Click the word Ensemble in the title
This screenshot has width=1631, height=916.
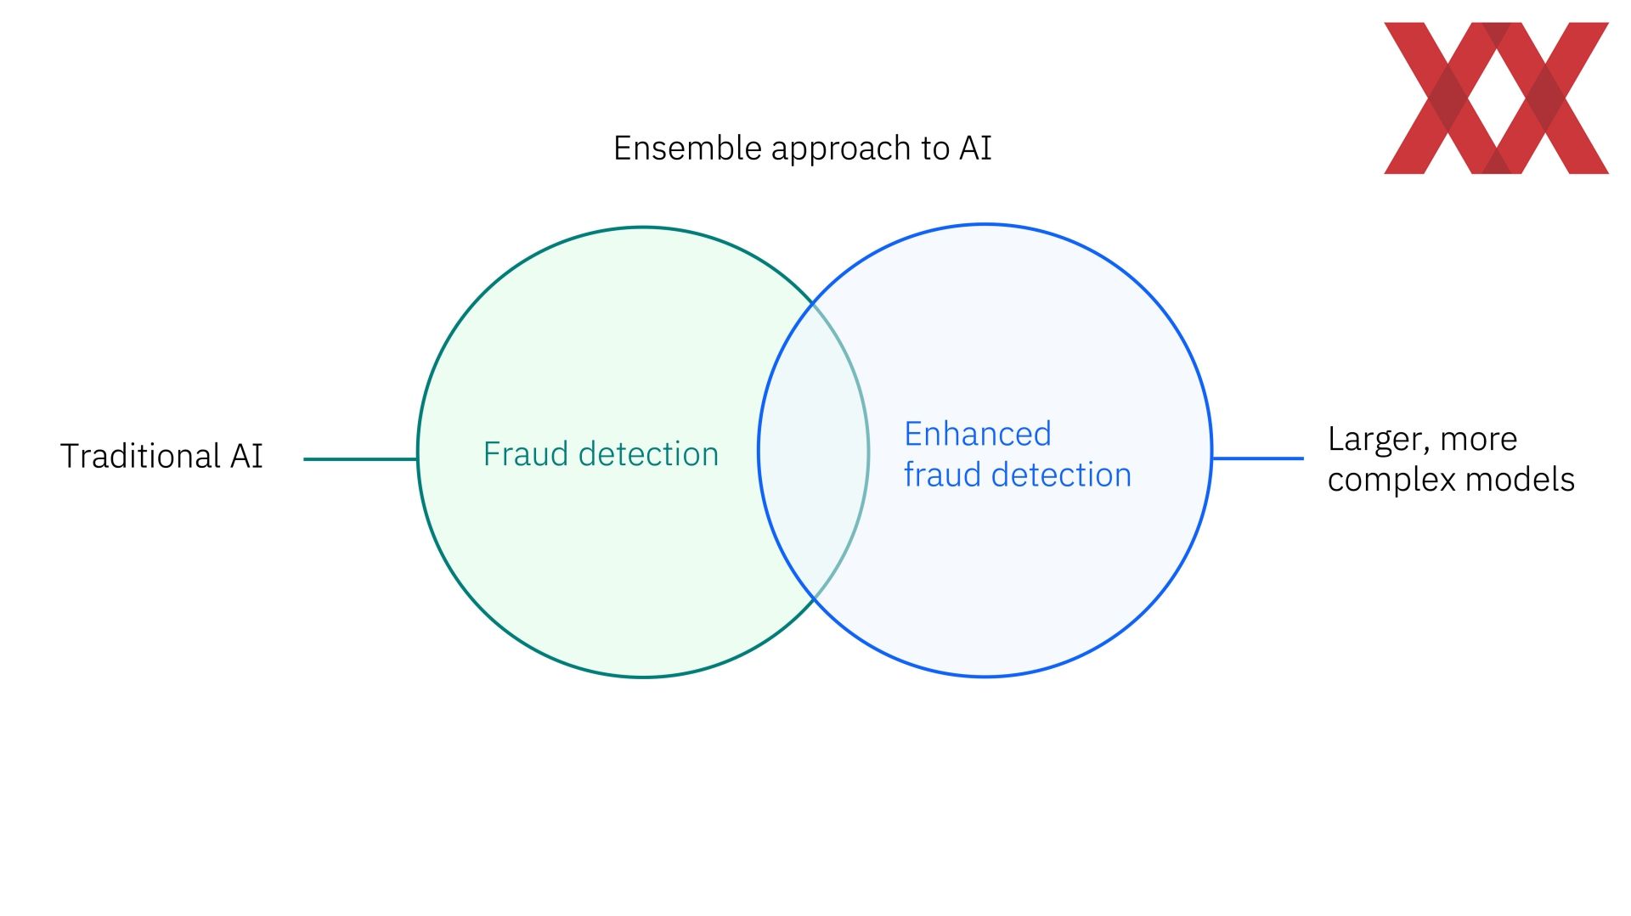(687, 149)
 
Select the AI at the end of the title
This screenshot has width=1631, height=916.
(975, 149)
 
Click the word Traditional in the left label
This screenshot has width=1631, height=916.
(140, 456)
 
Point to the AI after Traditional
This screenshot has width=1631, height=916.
(246, 456)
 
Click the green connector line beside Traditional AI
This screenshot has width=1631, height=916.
(360, 459)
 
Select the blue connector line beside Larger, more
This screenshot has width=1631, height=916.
(1258, 458)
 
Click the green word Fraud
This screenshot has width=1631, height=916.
(526, 454)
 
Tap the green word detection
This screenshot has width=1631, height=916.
(648, 454)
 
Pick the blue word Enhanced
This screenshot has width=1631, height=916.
(978, 434)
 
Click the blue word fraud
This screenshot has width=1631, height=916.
(943, 475)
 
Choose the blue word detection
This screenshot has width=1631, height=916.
(1062, 475)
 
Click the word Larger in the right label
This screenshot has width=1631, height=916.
(1379, 441)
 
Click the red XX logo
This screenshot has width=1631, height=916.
(1496, 98)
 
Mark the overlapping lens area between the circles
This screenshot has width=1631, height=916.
(814, 451)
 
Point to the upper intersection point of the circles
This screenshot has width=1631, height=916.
(814, 302)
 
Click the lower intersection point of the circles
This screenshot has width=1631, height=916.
(814, 599)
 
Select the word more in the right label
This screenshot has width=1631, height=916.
(1479, 441)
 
